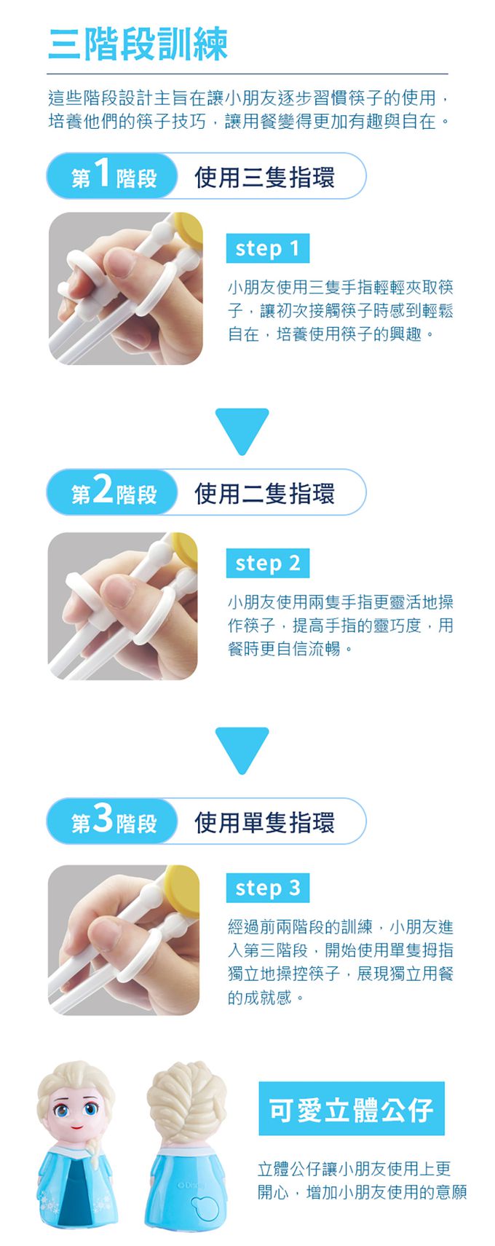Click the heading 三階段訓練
click(x=138, y=44)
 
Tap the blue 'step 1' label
click(x=268, y=248)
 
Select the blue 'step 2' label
click(x=268, y=563)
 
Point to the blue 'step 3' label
click(x=268, y=888)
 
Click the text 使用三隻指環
click(x=264, y=178)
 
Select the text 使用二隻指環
click(x=264, y=494)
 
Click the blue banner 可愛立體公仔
click(x=352, y=1109)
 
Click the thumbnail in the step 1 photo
click(x=119, y=263)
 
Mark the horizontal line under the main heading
click(x=247, y=74)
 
